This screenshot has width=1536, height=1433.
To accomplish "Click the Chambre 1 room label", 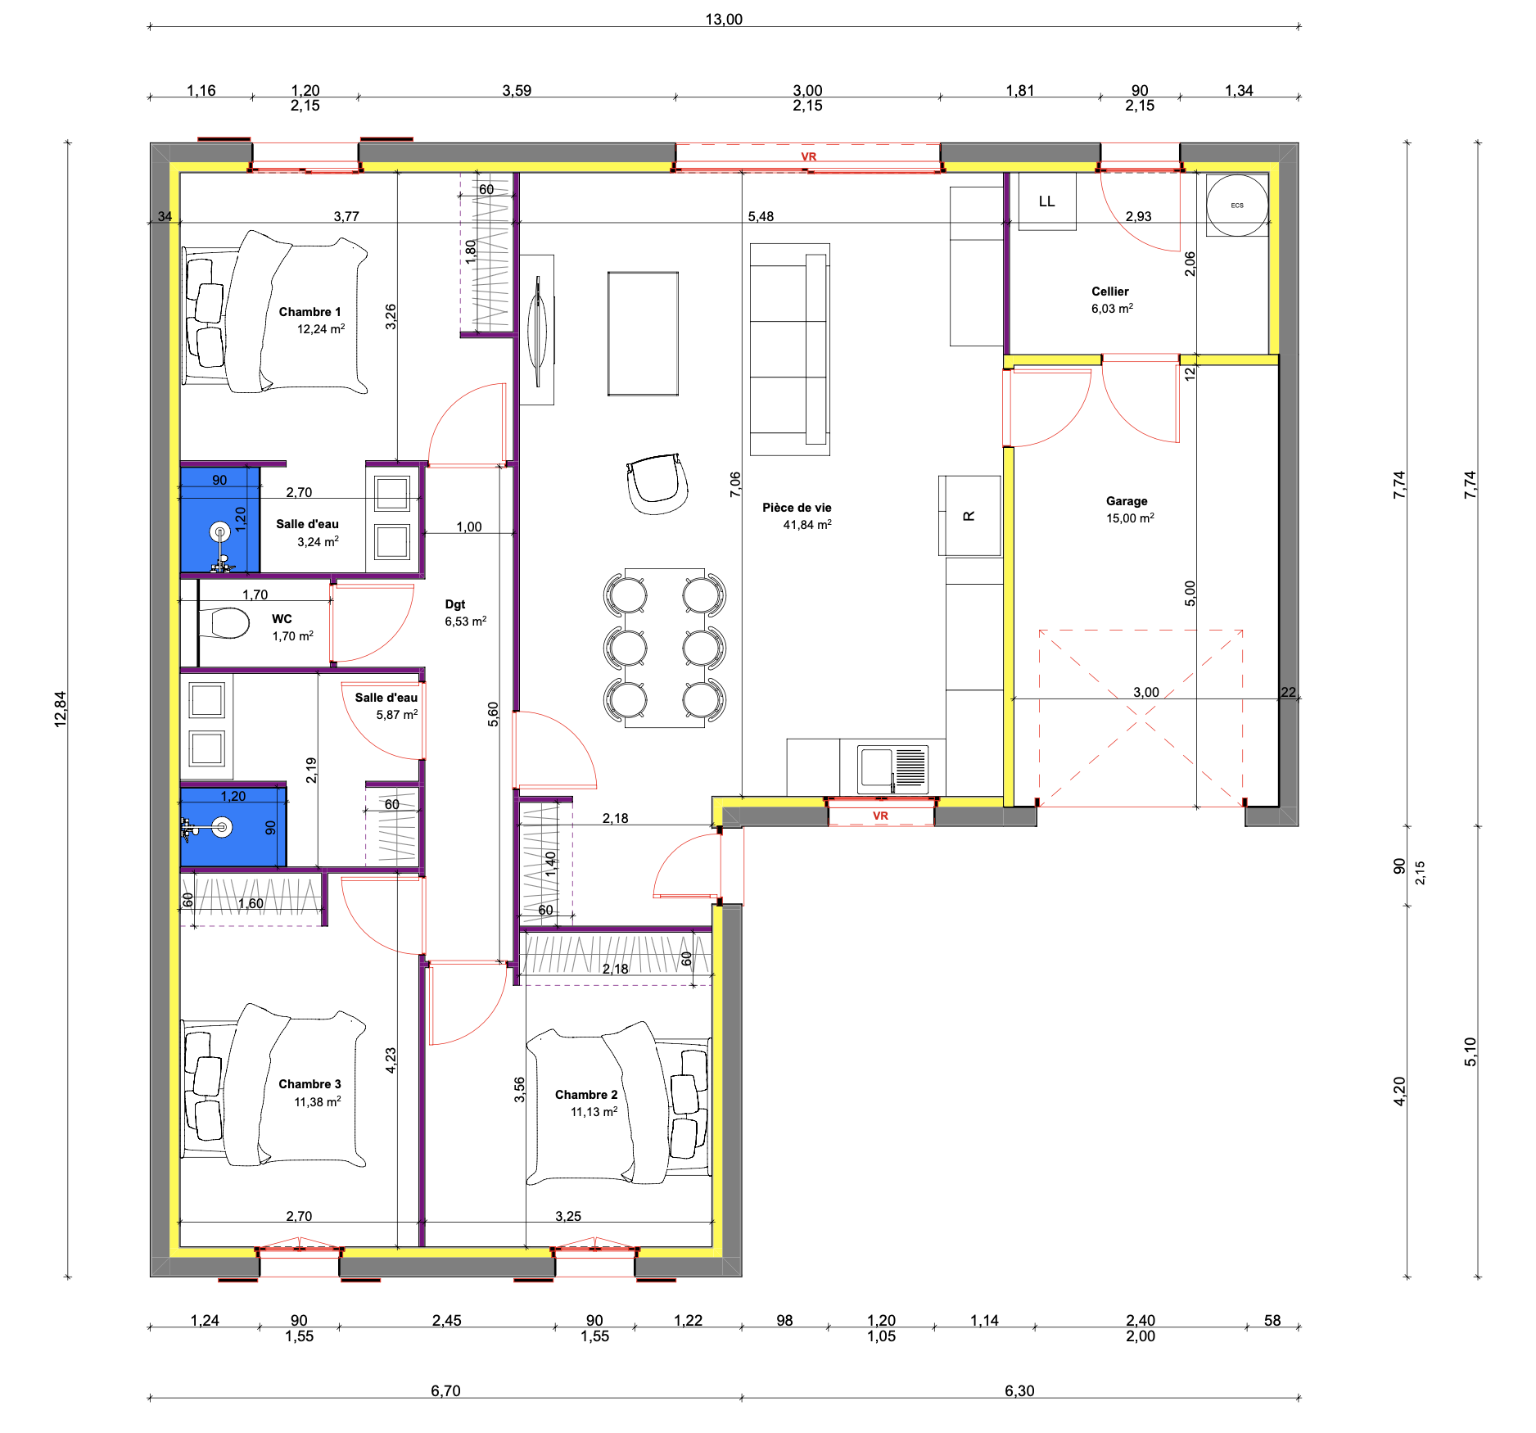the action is [309, 312].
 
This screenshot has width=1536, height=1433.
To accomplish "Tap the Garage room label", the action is [1127, 501].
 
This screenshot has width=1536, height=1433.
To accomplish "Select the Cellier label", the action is [1110, 292].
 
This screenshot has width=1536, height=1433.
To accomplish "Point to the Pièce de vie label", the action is [797, 508].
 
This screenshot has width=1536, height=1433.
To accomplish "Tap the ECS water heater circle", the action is [1237, 206].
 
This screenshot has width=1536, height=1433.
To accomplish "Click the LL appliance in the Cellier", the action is [1047, 201].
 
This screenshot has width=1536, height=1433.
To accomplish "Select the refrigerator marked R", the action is [969, 516].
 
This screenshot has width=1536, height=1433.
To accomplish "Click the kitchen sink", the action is [892, 769].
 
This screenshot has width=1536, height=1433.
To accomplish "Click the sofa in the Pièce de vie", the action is [790, 349].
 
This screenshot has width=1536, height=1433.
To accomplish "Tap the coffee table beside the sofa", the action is [643, 334].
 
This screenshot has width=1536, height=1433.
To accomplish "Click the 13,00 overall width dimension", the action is [724, 20].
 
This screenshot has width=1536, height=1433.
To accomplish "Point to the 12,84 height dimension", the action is [60, 709].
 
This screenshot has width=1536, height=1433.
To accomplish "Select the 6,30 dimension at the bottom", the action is [1019, 1390].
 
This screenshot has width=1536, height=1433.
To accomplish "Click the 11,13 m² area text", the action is [594, 1112].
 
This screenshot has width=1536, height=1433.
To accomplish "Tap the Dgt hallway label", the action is [455, 604].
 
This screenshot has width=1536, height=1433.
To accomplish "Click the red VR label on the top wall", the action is [809, 156].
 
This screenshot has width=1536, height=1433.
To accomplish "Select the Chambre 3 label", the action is [309, 1084].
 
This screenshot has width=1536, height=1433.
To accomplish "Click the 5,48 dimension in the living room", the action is [761, 216].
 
